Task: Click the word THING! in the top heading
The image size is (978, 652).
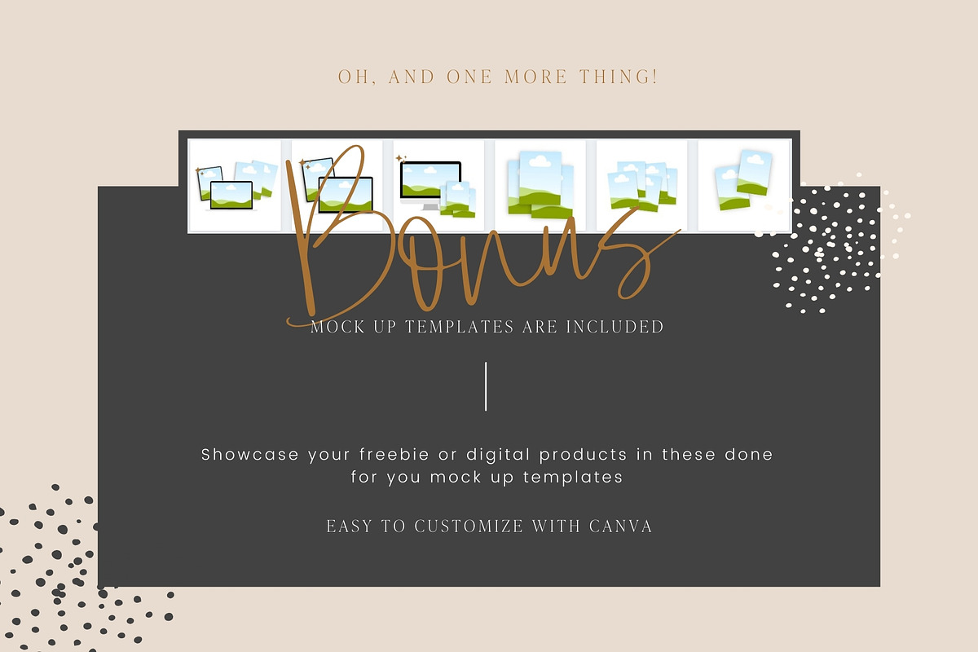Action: (619, 77)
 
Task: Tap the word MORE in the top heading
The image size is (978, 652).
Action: (535, 77)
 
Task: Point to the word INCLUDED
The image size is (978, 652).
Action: (615, 327)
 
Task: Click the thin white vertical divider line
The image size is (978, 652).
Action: (486, 386)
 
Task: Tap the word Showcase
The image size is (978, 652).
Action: (249, 455)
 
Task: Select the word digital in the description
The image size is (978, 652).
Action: (498, 455)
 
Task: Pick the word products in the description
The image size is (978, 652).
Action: (583, 456)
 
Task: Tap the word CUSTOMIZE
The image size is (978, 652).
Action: (469, 526)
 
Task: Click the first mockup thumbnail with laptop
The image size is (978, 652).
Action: (235, 186)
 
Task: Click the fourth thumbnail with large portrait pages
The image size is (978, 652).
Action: (540, 186)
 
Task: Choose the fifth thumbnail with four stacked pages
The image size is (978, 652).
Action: (642, 186)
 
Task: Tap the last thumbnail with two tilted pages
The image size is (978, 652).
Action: (744, 186)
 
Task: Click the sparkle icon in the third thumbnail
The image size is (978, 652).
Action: (401, 158)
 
